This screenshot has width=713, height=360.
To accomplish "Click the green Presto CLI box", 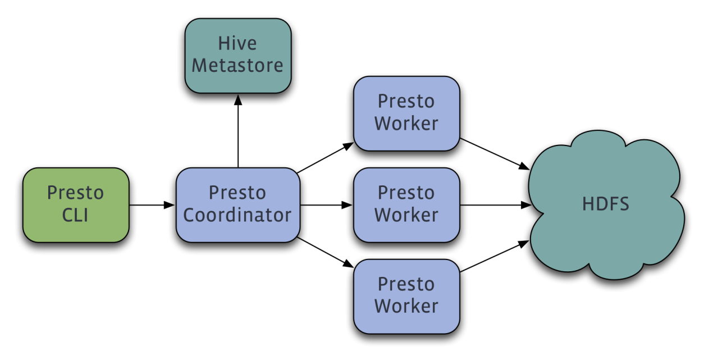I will point(76,205).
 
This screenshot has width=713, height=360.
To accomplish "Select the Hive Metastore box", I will point(237,55).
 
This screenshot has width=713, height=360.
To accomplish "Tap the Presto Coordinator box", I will point(237,205).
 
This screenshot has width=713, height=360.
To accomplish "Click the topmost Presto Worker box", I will point(406,113).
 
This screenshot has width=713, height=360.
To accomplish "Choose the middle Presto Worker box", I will point(406,205).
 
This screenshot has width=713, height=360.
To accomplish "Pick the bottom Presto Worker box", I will point(406,296).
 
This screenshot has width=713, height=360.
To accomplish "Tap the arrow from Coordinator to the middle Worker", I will point(326,205).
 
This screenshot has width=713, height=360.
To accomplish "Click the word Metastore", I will point(237,66).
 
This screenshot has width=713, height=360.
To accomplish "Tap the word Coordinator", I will point(237,215).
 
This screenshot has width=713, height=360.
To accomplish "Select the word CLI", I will point(76,215).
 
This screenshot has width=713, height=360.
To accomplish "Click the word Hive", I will point(237,43).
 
